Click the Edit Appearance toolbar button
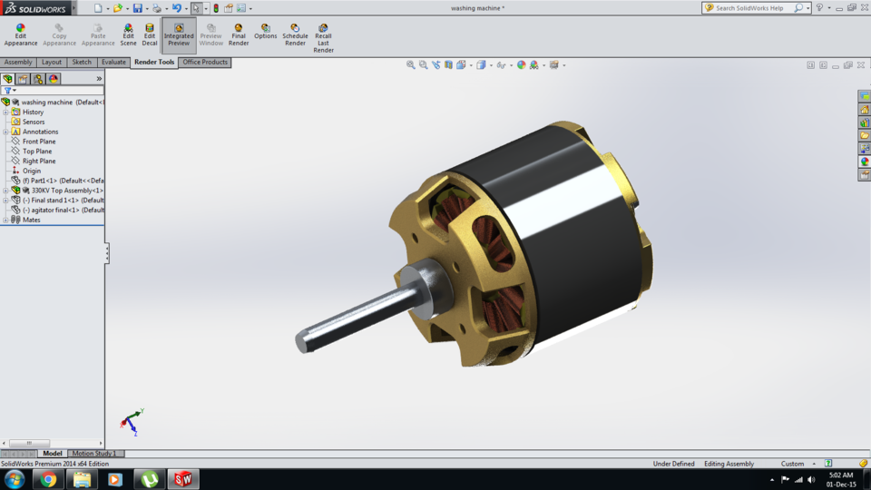(20, 34)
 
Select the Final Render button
(239, 34)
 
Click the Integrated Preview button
(179, 34)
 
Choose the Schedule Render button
(295, 34)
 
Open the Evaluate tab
(113, 63)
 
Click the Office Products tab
(205, 63)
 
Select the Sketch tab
(82, 63)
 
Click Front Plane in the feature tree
(39, 142)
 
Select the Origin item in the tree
(32, 171)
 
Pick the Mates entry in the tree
(32, 220)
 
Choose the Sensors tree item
(34, 122)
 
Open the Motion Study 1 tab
(94, 454)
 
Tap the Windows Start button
(15, 479)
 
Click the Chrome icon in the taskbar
(48, 479)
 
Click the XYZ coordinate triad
(132, 422)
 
